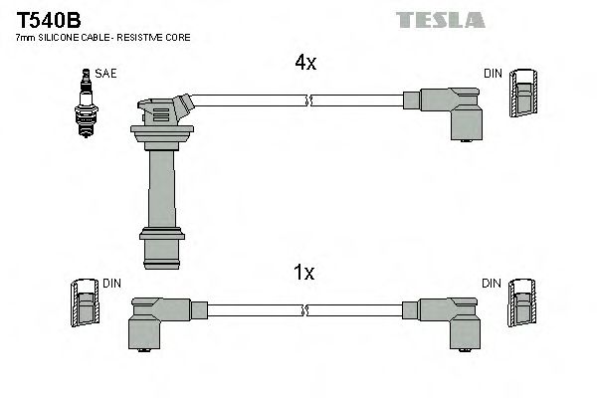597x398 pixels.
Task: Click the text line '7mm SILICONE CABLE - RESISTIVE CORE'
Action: coord(103,37)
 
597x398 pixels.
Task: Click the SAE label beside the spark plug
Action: coord(104,73)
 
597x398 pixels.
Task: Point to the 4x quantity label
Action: coord(304,63)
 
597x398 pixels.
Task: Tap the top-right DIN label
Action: coord(493,73)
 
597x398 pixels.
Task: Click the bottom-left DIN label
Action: coord(111,284)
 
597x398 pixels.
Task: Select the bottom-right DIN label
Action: coord(493,284)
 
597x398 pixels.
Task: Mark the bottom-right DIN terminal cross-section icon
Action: coord(521,306)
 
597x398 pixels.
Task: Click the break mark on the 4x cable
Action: coord(310,99)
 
